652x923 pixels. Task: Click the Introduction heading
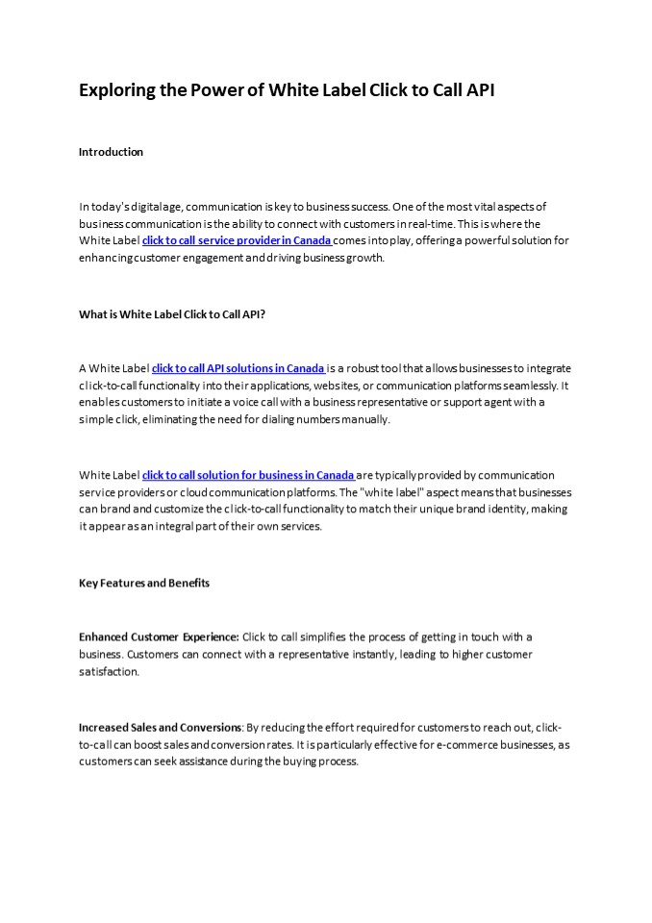[111, 152]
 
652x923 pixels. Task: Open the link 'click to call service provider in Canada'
[237, 240]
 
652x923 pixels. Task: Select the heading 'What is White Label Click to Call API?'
[172, 313]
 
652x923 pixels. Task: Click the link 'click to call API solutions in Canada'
[238, 367]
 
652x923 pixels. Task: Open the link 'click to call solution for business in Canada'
[248, 475]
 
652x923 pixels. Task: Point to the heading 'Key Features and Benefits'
[144, 583]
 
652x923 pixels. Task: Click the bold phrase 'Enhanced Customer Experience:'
[159, 636]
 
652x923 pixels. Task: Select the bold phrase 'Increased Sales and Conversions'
[161, 727]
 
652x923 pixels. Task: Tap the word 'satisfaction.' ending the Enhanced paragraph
[109, 672]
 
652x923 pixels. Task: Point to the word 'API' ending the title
[480, 91]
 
